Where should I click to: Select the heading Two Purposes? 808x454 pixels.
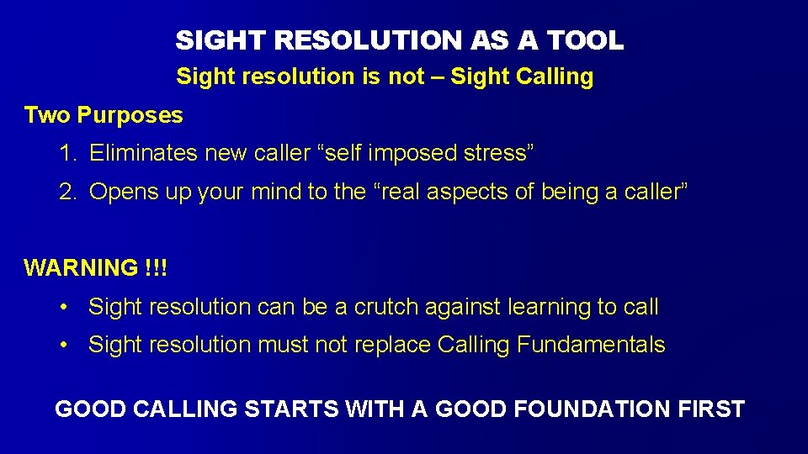pyautogui.click(x=104, y=115)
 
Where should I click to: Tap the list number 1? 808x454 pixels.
pyautogui.click(x=66, y=154)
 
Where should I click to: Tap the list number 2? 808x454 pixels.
pyautogui.click(x=66, y=193)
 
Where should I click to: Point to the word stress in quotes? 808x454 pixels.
pyautogui.click(x=500, y=154)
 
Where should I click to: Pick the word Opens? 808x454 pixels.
pyautogui.click(x=120, y=193)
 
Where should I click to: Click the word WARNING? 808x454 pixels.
pyautogui.click(x=81, y=269)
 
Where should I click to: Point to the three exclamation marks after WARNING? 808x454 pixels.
pyautogui.click(x=156, y=269)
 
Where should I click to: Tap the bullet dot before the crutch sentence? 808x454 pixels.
pyautogui.click(x=64, y=308)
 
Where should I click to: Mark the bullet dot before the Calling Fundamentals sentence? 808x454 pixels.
pyautogui.click(x=64, y=346)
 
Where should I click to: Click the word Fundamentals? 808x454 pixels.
pyautogui.click(x=591, y=346)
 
